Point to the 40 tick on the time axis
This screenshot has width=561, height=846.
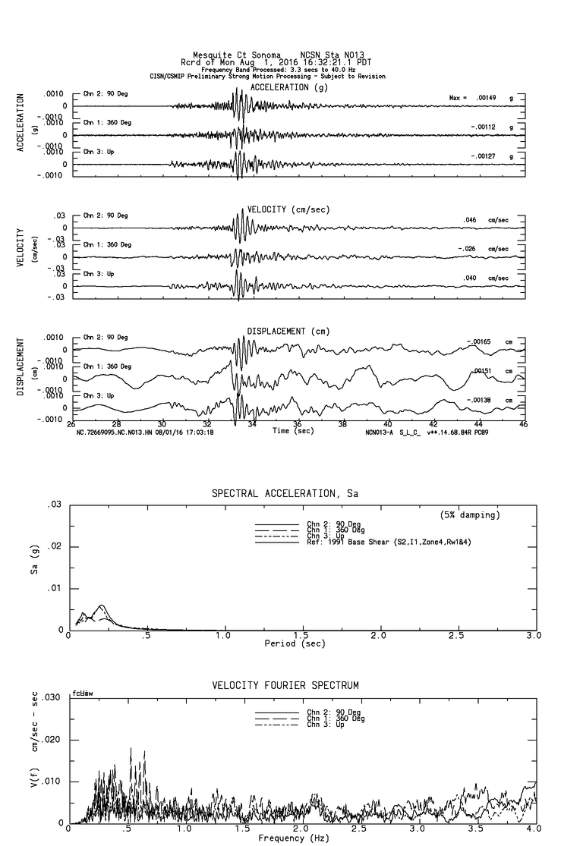[x=388, y=424]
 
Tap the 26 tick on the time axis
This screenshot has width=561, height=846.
[x=71, y=424]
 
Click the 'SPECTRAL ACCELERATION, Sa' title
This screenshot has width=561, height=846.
[x=285, y=494]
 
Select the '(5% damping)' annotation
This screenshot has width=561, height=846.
[x=470, y=515]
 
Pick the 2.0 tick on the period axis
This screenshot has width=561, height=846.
[x=378, y=635]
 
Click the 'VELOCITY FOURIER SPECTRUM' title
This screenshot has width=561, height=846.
[x=285, y=685]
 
